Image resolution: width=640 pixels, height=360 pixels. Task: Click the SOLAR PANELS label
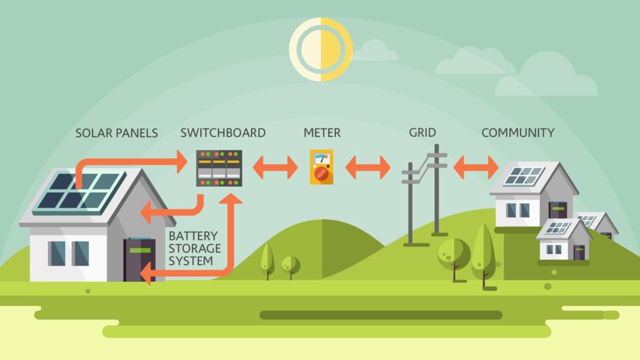pyautogui.click(x=117, y=133)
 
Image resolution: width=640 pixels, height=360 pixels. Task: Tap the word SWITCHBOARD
pyautogui.click(x=223, y=132)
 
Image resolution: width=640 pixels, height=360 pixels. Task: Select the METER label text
pyautogui.click(x=322, y=132)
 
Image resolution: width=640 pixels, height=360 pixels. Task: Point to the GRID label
pyautogui.click(x=422, y=132)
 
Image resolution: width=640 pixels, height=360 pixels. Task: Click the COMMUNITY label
pyautogui.click(x=518, y=132)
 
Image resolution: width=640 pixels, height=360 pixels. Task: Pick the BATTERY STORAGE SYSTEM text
pyautogui.click(x=194, y=248)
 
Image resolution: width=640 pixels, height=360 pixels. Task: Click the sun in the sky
pyautogui.click(x=321, y=49)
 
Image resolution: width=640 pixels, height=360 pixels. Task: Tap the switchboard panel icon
pyautogui.click(x=219, y=168)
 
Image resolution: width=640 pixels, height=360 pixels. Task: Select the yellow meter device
pyautogui.click(x=322, y=167)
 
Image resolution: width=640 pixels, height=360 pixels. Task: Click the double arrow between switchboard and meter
pyautogui.click(x=275, y=167)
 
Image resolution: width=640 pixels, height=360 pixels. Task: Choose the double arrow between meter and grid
pyautogui.click(x=368, y=167)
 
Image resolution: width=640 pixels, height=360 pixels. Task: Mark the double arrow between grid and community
pyautogui.click(x=476, y=167)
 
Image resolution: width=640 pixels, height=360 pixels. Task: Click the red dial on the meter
pyautogui.click(x=322, y=174)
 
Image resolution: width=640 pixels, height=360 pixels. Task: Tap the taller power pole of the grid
pyautogui.click(x=437, y=189)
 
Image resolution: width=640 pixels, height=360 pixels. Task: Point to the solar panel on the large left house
pyautogui.click(x=79, y=193)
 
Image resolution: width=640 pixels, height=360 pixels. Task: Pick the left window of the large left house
pyautogui.click(x=57, y=254)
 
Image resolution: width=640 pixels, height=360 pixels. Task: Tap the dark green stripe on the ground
pyautogui.click(x=381, y=315)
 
